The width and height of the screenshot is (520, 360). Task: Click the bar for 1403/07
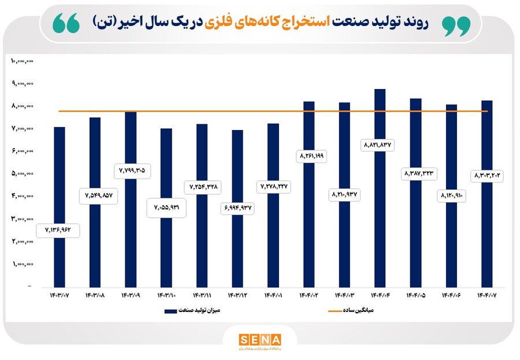pyautogui.click(x=59, y=173)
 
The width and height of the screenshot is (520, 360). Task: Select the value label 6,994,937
pyautogui.click(x=237, y=208)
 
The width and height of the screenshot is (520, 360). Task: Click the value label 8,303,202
pyautogui.click(x=486, y=175)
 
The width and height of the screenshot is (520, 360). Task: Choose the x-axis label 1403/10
pyautogui.click(x=166, y=296)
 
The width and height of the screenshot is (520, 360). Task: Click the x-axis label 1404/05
pyautogui.click(x=415, y=296)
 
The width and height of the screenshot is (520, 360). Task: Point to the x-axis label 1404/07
pyautogui.click(x=487, y=296)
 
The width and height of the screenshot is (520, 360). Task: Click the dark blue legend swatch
pyautogui.click(x=170, y=311)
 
